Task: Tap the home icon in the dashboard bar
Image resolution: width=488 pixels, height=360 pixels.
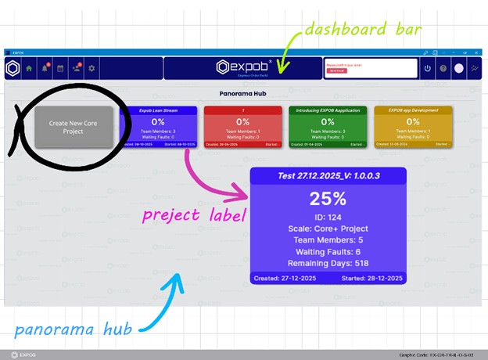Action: pyautogui.click(x=30, y=69)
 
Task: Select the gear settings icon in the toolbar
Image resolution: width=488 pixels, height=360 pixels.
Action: pyautogui.click(x=91, y=69)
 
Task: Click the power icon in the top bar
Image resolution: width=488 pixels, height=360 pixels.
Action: pyautogui.click(x=427, y=69)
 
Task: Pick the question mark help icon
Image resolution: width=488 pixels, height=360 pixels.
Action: pyautogui.click(x=443, y=69)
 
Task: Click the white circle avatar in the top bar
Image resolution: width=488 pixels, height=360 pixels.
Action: pyautogui.click(x=459, y=69)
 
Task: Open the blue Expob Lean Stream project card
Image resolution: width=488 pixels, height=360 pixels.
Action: pyautogui.click(x=159, y=126)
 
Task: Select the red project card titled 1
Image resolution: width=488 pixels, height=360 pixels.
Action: pyautogui.click(x=242, y=126)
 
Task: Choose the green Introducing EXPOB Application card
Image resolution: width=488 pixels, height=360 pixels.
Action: pyautogui.click(x=327, y=126)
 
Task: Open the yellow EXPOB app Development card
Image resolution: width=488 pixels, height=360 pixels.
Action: pyautogui.click(x=412, y=126)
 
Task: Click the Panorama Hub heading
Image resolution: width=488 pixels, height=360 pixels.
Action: pyautogui.click(x=243, y=92)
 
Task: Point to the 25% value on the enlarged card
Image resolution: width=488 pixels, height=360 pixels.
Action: pyautogui.click(x=328, y=198)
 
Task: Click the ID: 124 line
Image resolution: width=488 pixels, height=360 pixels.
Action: pyautogui.click(x=328, y=215)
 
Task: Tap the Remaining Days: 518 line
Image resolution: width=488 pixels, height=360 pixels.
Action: pyautogui.click(x=328, y=264)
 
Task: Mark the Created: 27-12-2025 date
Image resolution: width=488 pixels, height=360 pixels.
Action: pyautogui.click(x=285, y=278)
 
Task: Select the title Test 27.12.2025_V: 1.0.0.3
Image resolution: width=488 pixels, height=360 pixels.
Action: pyautogui.click(x=328, y=176)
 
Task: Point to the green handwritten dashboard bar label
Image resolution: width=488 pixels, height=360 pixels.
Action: pyautogui.click(x=363, y=31)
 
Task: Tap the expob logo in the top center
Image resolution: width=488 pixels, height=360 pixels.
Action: pyautogui.click(x=243, y=68)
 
